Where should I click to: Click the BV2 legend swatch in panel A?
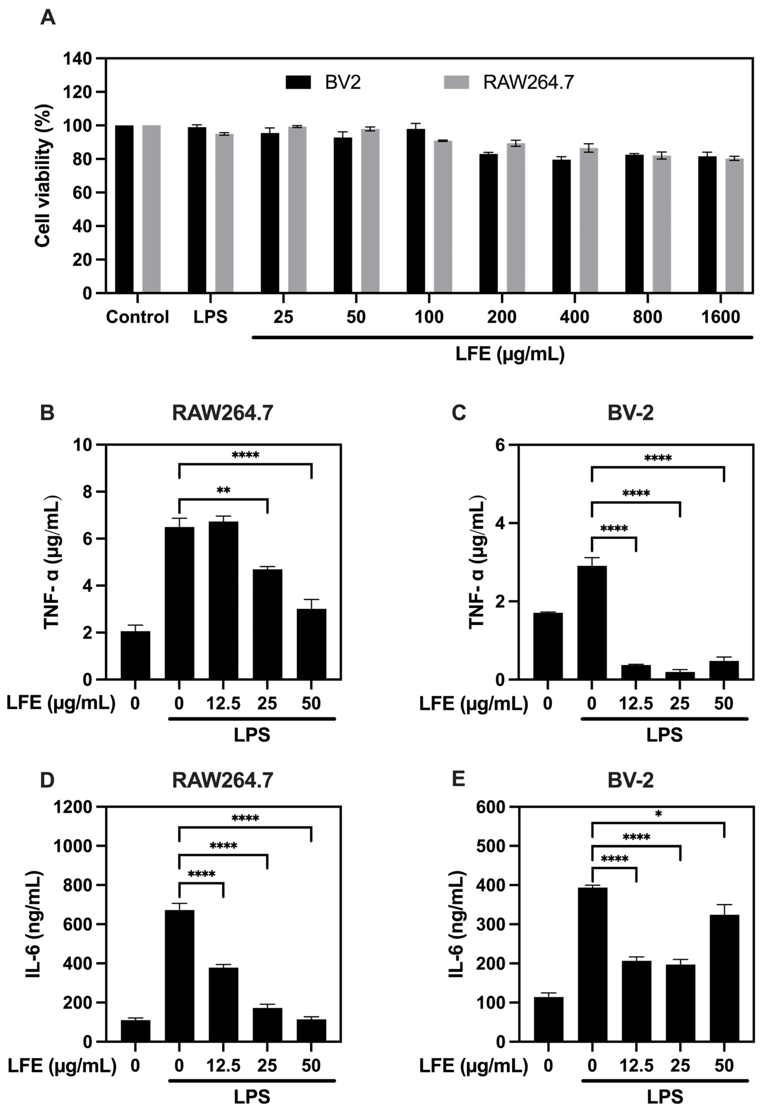pyautogui.click(x=298, y=82)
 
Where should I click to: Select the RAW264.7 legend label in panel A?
pyautogui.click(x=528, y=82)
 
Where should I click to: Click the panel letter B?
pyautogui.click(x=47, y=413)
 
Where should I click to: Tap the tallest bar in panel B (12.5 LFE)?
pyautogui.click(x=223, y=600)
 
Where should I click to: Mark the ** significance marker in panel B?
pyautogui.click(x=223, y=490)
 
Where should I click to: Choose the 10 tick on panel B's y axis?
pyautogui.click(x=82, y=445)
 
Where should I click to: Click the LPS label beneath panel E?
pyautogui.click(x=665, y=1097)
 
